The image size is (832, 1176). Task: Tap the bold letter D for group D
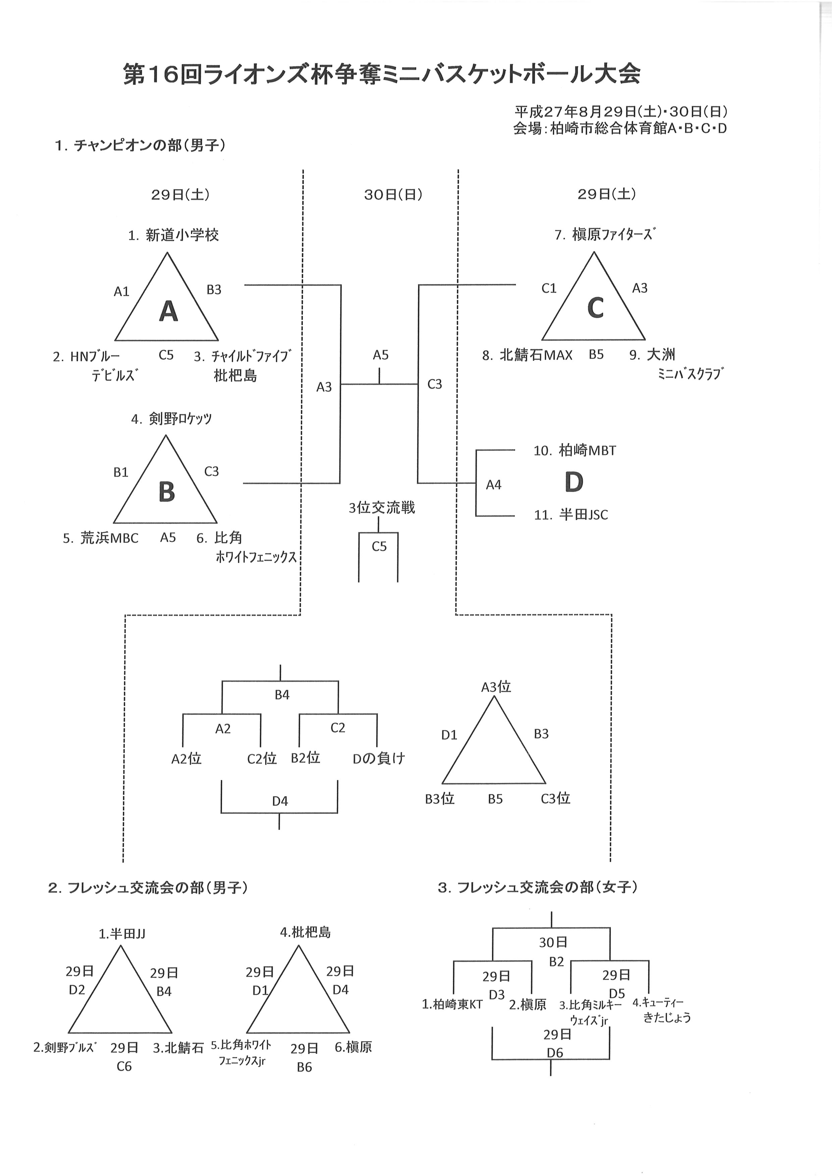(x=574, y=482)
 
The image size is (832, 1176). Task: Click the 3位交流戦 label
(x=382, y=508)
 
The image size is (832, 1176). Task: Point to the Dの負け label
(x=379, y=759)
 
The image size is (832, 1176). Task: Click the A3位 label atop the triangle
(x=496, y=687)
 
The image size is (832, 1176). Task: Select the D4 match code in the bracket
(x=280, y=801)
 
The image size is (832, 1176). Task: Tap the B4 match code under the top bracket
(x=282, y=695)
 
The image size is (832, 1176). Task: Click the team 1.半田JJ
(x=122, y=934)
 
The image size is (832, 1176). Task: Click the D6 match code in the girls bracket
(x=555, y=1049)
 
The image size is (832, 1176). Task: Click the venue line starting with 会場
(x=620, y=128)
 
